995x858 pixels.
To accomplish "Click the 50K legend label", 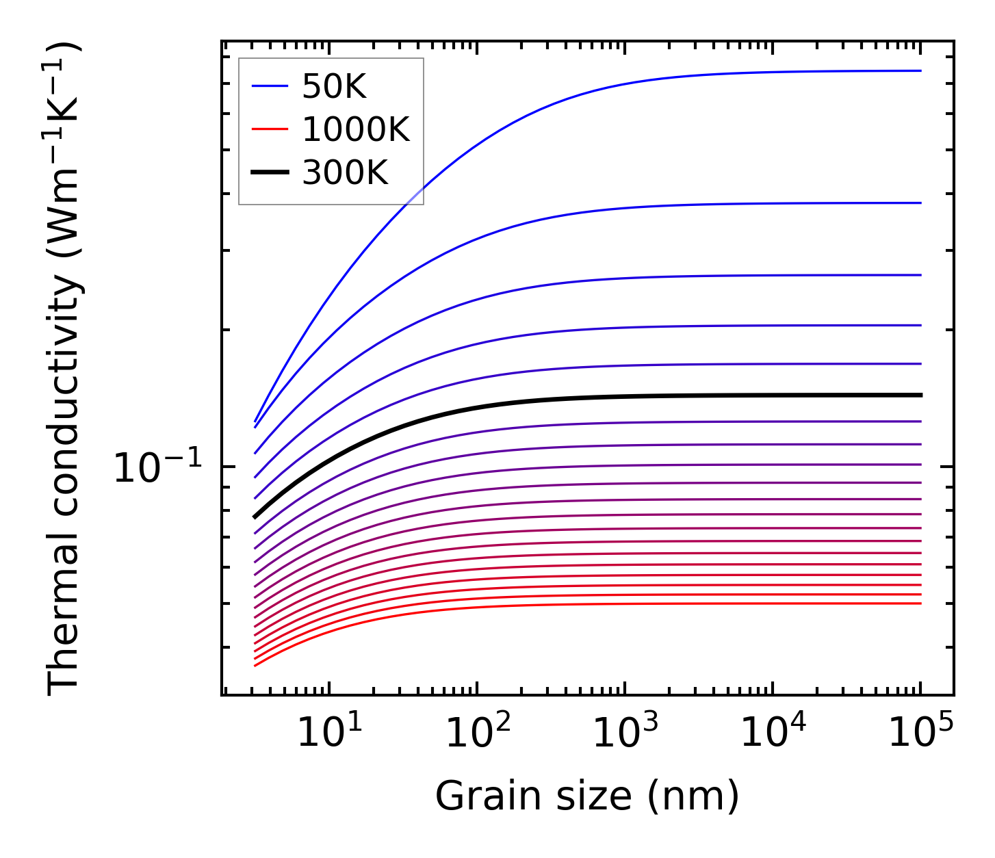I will click(334, 87).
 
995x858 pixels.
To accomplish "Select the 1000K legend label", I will click(355, 130).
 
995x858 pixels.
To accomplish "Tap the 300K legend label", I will click(345, 173).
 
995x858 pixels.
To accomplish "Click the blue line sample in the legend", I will click(270, 86).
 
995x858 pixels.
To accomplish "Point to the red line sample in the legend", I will click(270, 129).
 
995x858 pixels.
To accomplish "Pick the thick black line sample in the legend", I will click(270, 172).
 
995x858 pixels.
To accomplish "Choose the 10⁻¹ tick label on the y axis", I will click(158, 469).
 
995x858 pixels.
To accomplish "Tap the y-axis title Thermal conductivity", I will click(64, 369).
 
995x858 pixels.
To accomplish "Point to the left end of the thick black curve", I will click(255, 517).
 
